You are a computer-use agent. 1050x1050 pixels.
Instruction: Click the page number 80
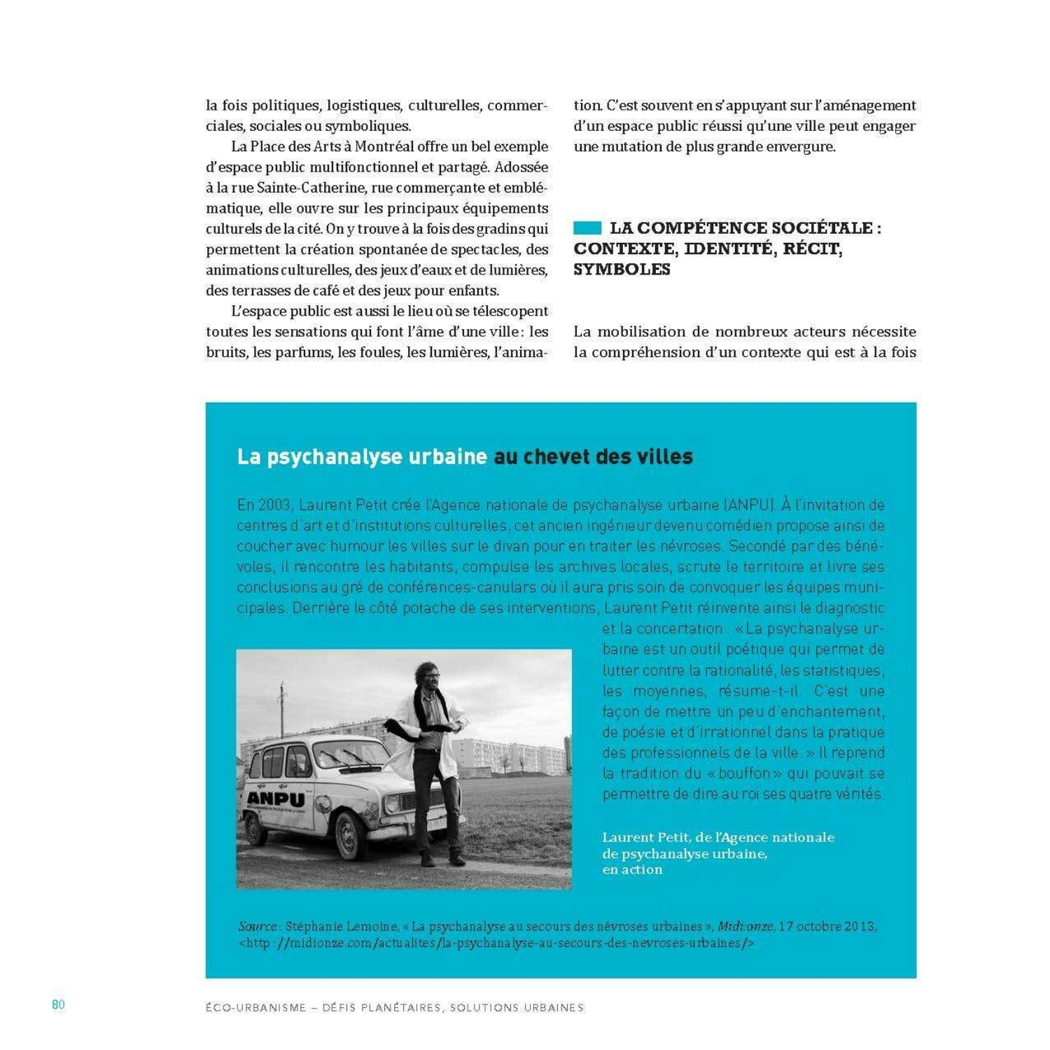click(x=58, y=1004)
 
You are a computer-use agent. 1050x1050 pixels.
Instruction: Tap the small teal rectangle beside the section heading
click(x=587, y=228)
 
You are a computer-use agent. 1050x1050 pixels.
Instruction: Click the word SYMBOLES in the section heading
click(x=622, y=269)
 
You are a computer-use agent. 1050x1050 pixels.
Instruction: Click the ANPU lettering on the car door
click(x=275, y=799)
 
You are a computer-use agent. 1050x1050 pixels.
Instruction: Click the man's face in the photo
click(x=429, y=675)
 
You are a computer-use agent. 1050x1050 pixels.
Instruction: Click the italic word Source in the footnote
click(x=258, y=926)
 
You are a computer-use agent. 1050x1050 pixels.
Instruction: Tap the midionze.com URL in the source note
click(x=496, y=943)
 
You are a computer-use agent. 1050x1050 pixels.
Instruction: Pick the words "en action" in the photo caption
click(x=632, y=869)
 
